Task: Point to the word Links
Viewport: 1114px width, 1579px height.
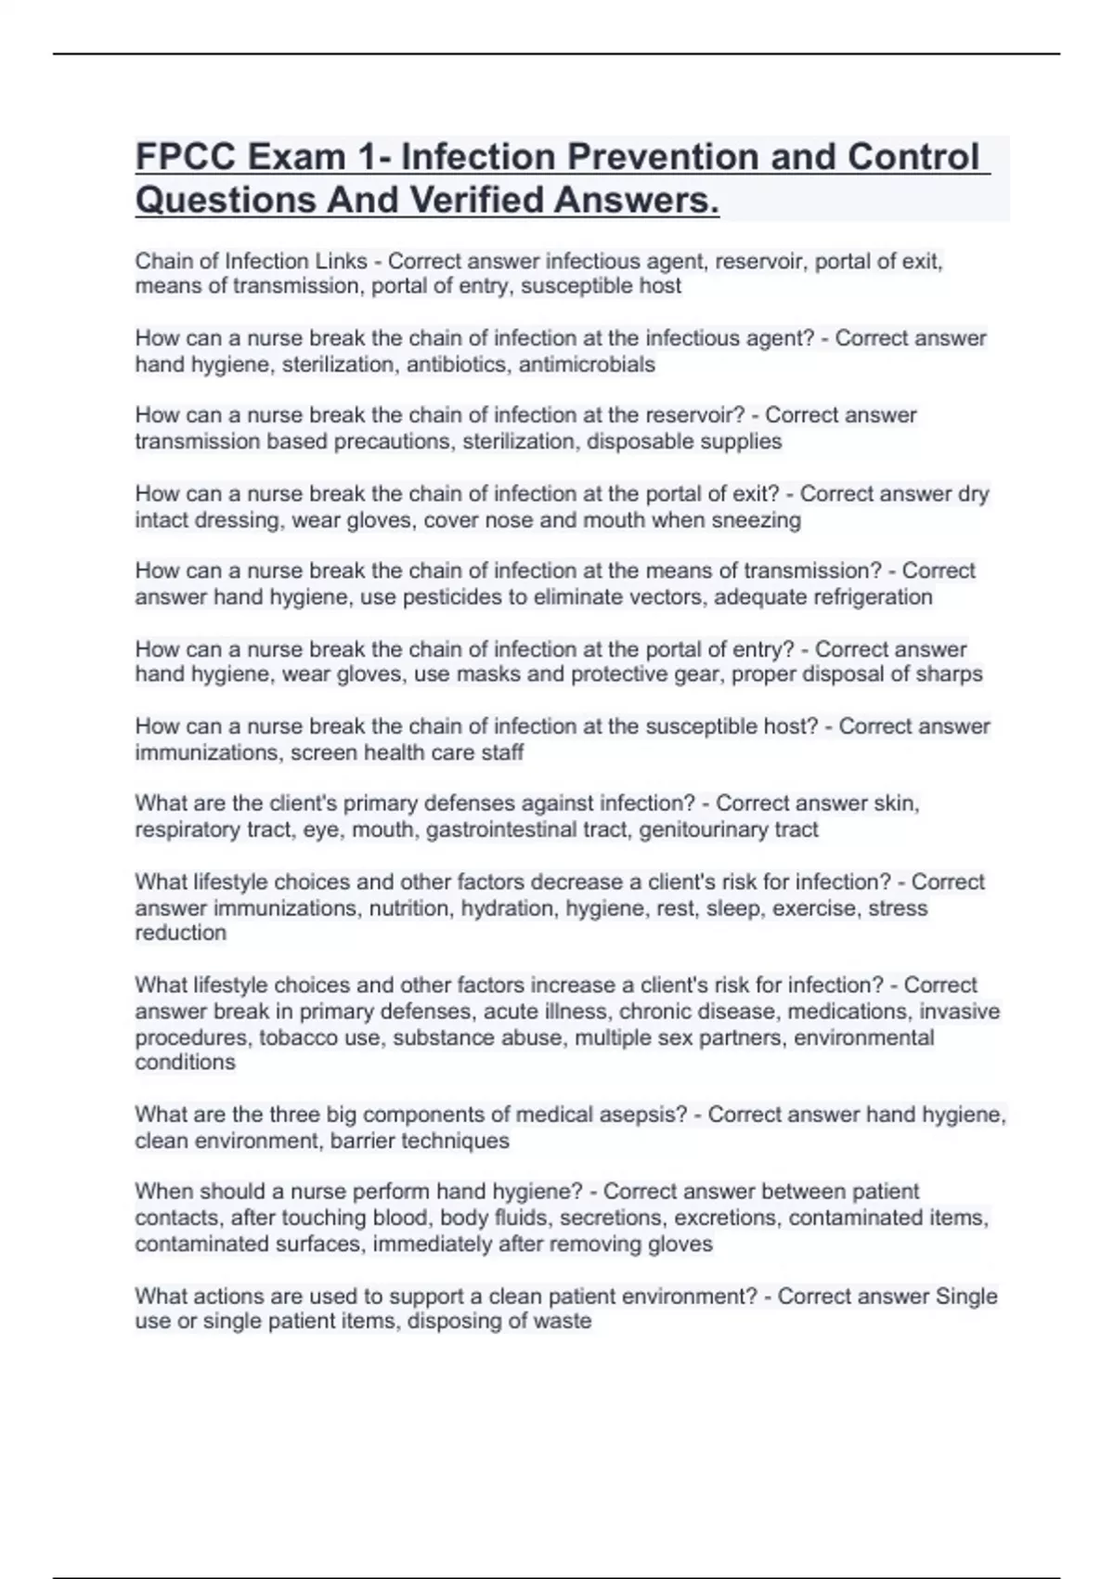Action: click(x=343, y=262)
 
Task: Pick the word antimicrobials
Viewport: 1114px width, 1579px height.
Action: click(x=587, y=364)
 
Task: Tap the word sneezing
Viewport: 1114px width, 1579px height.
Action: click(x=756, y=520)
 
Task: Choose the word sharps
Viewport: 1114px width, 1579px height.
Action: click(x=949, y=674)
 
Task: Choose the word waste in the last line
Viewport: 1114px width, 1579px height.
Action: click(x=563, y=1321)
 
